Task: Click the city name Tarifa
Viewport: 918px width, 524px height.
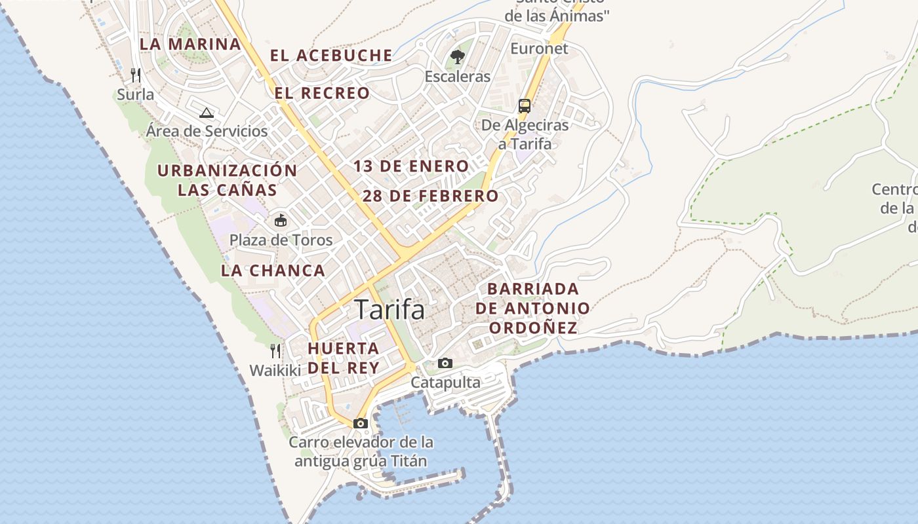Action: (x=389, y=310)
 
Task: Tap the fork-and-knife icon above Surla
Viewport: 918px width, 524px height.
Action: (x=136, y=75)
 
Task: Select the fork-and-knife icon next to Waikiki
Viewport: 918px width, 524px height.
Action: (x=275, y=351)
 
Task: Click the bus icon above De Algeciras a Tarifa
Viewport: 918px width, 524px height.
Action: (x=524, y=105)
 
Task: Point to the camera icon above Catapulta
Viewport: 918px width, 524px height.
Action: (x=445, y=363)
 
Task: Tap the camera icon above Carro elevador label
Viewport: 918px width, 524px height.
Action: (x=360, y=423)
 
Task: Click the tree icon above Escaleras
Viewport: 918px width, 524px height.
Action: (x=458, y=57)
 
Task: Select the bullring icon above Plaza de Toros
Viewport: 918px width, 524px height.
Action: (x=281, y=220)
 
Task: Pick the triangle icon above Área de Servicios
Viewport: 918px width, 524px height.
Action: (x=207, y=113)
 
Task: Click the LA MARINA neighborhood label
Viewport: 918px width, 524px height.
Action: (x=190, y=45)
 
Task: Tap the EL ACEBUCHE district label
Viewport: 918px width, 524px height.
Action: (x=331, y=56)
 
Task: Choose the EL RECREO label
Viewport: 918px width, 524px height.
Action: (x=322, y=94)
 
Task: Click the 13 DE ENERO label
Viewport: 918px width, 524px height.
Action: (x=411, y=166)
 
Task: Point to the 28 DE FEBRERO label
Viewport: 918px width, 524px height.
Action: (x=430, y=196)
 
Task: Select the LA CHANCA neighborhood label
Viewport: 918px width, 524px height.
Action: (x=273, y=271)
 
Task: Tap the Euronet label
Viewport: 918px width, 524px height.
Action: (x=539, y=48)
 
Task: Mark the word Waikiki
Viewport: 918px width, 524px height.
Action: (x=275, y=371)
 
